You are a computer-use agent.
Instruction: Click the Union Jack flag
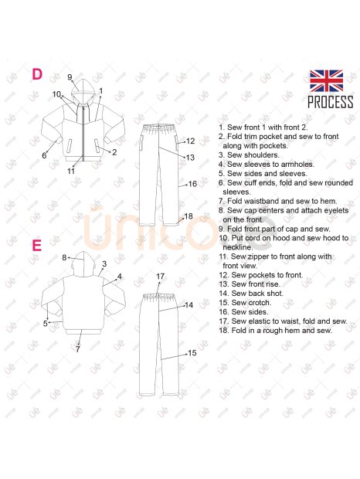tap(326, 80)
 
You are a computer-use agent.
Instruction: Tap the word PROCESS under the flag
tap(331, 102)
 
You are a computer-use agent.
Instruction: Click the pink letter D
tap(37, 74)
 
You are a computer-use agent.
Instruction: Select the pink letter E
tap(36, 246)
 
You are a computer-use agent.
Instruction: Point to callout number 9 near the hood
tap(70, 77)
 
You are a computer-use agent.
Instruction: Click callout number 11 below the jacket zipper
tap(71, 171)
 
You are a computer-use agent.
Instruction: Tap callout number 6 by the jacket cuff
tap(44, 155)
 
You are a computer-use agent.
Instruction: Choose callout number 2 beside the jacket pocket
tap(114, 152)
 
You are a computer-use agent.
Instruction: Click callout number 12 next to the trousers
tap(190, 141)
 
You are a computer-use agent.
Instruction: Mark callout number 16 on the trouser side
tap(192, 184)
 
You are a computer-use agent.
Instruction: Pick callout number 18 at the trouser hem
tap(188, 216)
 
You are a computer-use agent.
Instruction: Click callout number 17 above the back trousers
tap(161, 277)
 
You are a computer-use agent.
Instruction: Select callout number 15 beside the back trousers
tap(192, 353)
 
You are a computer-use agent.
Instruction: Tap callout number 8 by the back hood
tap(64, 257)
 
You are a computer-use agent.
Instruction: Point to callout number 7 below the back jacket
tap(77, 349)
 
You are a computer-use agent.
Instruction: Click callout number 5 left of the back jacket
tap(45, 323)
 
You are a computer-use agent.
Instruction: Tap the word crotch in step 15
tap(260, 303)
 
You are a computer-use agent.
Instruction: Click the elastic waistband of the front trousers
tap(159, 126)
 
